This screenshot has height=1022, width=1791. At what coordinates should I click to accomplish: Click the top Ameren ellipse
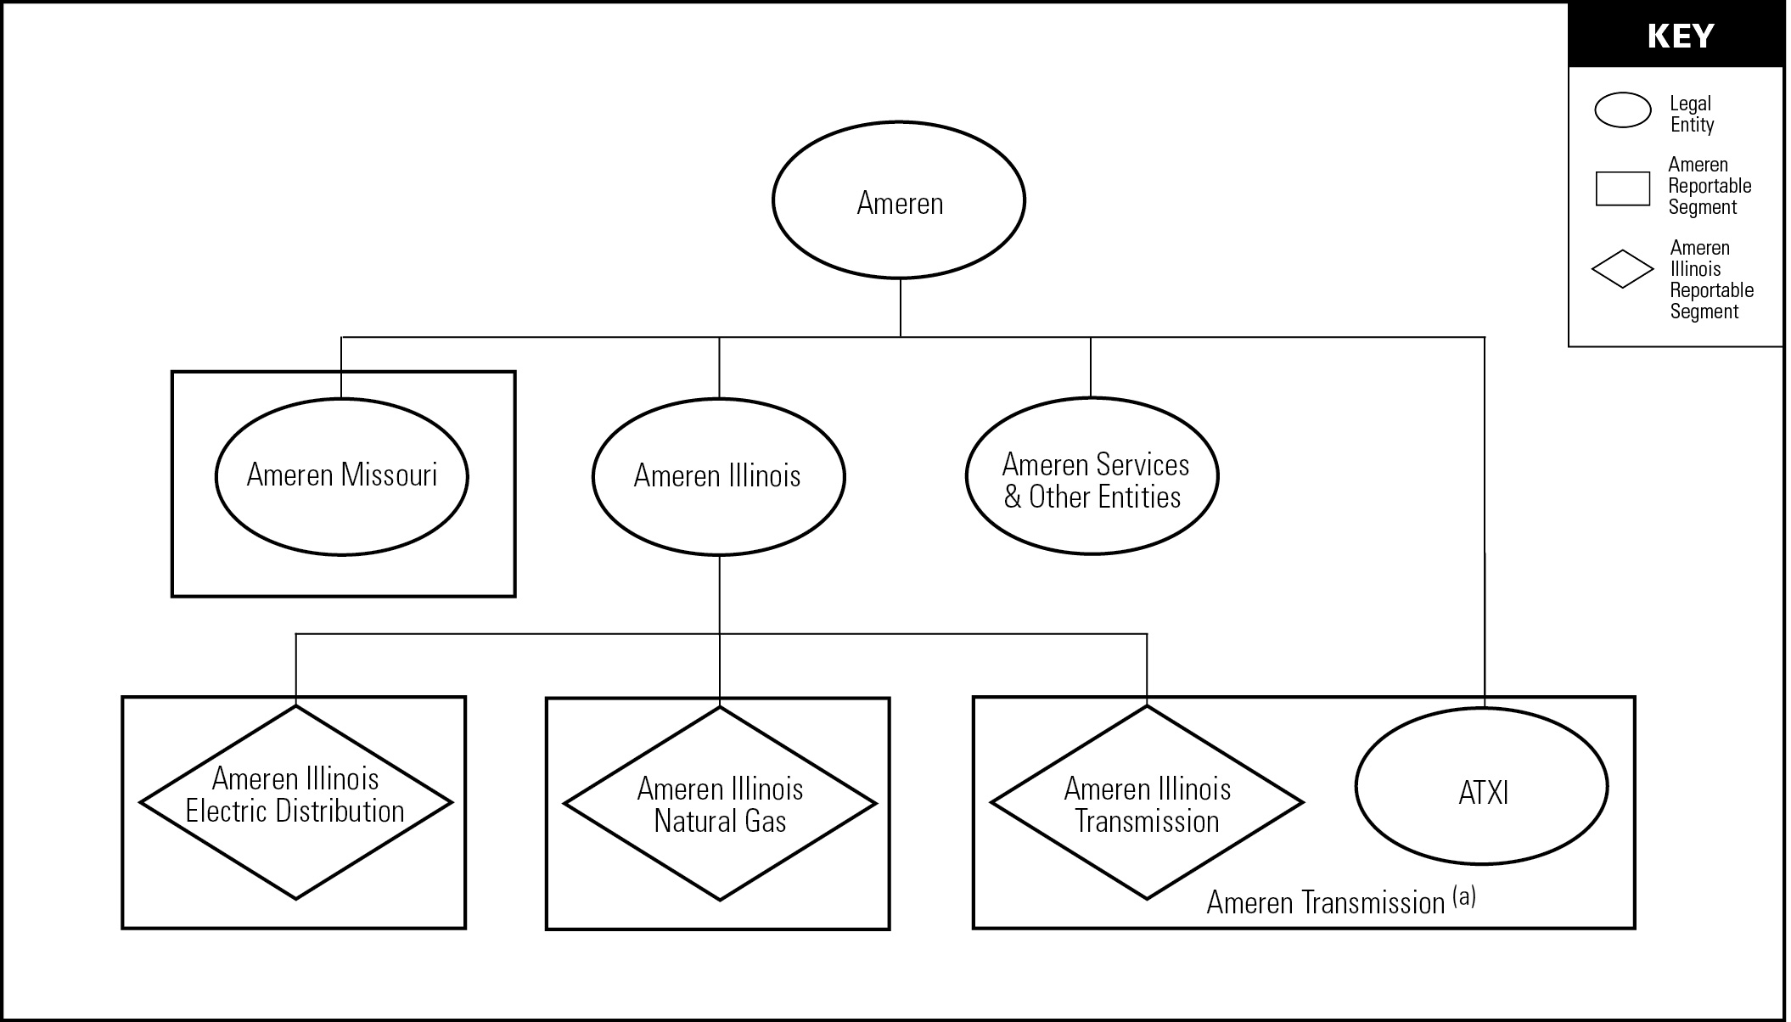(x=899, y=200)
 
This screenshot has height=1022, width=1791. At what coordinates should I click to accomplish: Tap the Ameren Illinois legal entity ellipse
(x=718, y=476)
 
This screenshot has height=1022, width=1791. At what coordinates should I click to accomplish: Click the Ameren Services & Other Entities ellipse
(x=1092, y=480)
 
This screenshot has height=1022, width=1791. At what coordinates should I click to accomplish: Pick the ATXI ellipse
(x=1481, y=792)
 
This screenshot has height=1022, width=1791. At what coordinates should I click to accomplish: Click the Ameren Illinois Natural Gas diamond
(x=720, y=805)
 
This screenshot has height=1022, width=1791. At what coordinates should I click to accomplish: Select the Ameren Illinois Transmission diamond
(x=1147, y=805)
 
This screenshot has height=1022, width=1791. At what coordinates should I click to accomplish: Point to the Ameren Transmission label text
(x=1325, y=903)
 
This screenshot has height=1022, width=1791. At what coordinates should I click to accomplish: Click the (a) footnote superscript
(x=1464, y=896)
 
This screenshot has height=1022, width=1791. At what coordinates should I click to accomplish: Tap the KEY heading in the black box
(x=1680, y=36)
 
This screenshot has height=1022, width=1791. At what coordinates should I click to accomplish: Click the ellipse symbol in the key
(x=1622, y=110)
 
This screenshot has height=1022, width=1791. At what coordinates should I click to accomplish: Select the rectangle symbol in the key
(x=1622, y=188)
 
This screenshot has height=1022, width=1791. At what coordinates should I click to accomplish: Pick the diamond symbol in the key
(x=1622, y=270)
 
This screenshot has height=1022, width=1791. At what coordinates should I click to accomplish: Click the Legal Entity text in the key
(x=1692, y=115)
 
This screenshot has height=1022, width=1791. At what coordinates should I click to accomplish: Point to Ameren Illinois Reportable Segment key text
(x=1710, y=280)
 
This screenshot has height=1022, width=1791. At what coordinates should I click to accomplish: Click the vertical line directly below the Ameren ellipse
(x=901, y=307)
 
